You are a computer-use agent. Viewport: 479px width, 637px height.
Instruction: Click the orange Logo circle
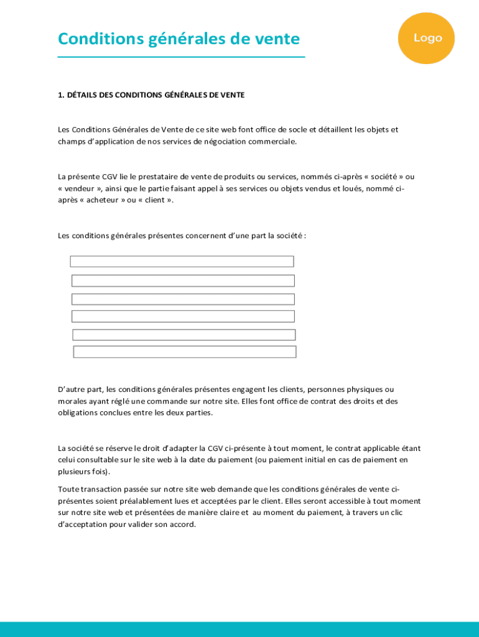tap(427, 38)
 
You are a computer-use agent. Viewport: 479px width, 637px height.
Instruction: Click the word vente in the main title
tap(274, 39)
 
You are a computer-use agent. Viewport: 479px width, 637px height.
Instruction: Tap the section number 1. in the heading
tap(61, 95)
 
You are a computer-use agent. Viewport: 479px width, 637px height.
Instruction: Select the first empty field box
tap(182, 261)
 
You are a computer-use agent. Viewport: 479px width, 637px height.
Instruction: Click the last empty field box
tap(185, 352)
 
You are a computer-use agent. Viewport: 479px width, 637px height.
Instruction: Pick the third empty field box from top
tap(183, 299)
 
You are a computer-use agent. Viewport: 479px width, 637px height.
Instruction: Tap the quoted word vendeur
tap(81, 188)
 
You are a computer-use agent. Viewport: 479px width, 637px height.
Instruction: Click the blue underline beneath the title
tap(181, 57)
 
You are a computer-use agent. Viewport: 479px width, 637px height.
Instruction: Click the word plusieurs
tap(74, 472)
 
